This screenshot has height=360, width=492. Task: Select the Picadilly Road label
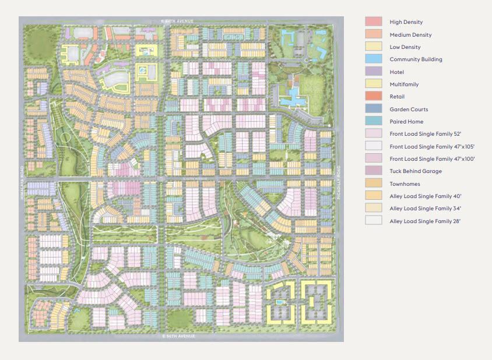coord(339,182)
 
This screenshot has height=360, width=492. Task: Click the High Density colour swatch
coord(374,22)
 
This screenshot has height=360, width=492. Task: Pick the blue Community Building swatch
coord(374,59)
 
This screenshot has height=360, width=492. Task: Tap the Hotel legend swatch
coord(374,72)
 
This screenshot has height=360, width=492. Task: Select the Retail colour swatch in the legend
coord(374,97)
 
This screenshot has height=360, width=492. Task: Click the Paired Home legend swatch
coord(374,122)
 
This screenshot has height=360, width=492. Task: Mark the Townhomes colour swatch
coord(374,183)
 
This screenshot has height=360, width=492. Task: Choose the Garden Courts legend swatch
coord(374,109)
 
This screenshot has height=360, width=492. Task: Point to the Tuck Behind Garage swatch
coord(374,171)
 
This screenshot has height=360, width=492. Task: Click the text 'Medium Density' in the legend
coord(410,35)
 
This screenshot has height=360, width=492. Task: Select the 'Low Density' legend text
coord(405,47)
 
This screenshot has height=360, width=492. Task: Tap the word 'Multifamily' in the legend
coord(404,84)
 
